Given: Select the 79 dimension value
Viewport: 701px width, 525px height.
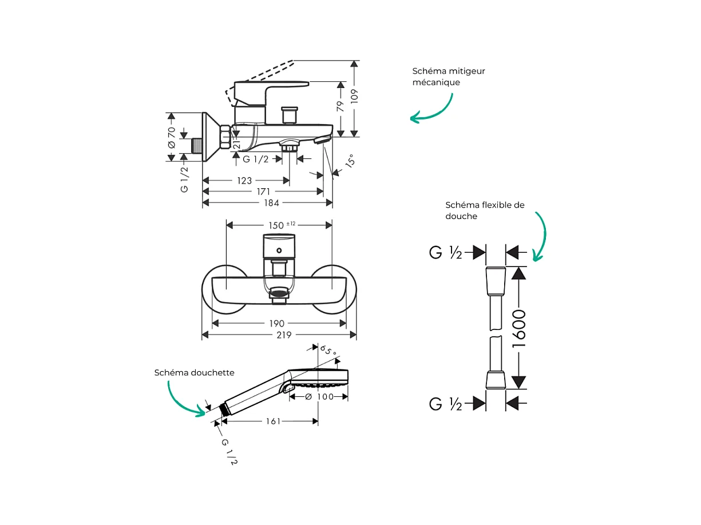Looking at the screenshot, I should (340, 106).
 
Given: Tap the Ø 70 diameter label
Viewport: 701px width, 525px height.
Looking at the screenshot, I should (172, 137).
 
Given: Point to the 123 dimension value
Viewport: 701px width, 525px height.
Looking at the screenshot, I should (244, 181).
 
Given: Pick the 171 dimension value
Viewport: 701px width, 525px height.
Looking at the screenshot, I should (264, 192).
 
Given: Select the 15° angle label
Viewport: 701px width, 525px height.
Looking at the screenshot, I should (350, 161).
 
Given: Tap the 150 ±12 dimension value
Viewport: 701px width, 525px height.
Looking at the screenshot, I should (282, 225).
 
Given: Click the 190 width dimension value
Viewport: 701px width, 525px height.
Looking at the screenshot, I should (277, 324).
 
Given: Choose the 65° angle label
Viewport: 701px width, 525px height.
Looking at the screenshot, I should (328, 351).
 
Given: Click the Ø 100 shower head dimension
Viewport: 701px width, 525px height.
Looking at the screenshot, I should (319, 397).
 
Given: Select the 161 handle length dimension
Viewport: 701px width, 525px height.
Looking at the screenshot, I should (273, 421).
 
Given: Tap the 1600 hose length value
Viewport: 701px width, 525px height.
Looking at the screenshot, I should (519, 329).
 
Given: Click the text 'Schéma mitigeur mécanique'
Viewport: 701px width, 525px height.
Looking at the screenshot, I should (449, 77).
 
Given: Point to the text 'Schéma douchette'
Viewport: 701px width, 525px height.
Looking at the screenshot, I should (194, 372).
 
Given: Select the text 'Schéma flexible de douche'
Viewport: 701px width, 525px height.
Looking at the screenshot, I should (485, 210).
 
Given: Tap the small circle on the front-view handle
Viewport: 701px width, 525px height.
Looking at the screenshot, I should (279, 250).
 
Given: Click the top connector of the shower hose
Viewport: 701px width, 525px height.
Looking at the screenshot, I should (496, 280).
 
